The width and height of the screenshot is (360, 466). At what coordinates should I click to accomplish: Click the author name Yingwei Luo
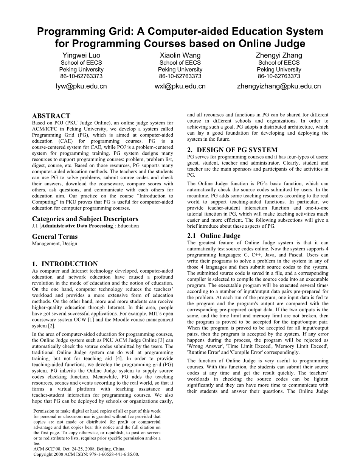[x=81, y=56]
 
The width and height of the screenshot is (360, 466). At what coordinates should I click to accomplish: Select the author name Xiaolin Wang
[x=180, y=56]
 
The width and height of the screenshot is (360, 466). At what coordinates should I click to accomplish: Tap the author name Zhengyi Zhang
[x=279, y=56]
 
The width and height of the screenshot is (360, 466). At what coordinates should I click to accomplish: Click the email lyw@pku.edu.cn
[x=81, y=86]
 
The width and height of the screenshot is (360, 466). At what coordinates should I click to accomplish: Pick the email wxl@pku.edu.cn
[x=180, y=86]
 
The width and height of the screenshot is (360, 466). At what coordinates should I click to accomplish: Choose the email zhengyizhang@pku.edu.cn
[x=279, y=86]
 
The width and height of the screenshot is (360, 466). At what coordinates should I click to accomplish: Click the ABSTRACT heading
[x=51, y=116]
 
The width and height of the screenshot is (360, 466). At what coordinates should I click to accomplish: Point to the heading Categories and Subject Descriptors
[x=85, y=219]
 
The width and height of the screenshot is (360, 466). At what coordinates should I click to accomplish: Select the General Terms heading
[x=55, y=237]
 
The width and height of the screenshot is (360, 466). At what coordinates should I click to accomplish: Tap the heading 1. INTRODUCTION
[x=65, y=264]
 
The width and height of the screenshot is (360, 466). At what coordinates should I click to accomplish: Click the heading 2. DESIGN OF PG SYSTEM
[x=233, y=150]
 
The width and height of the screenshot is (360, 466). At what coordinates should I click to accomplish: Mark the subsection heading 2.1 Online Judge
[x=214, y=236]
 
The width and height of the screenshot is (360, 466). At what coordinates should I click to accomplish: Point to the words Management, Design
[x=54, y=244]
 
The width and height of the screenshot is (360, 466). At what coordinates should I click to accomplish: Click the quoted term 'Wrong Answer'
[x=203, y=346]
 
